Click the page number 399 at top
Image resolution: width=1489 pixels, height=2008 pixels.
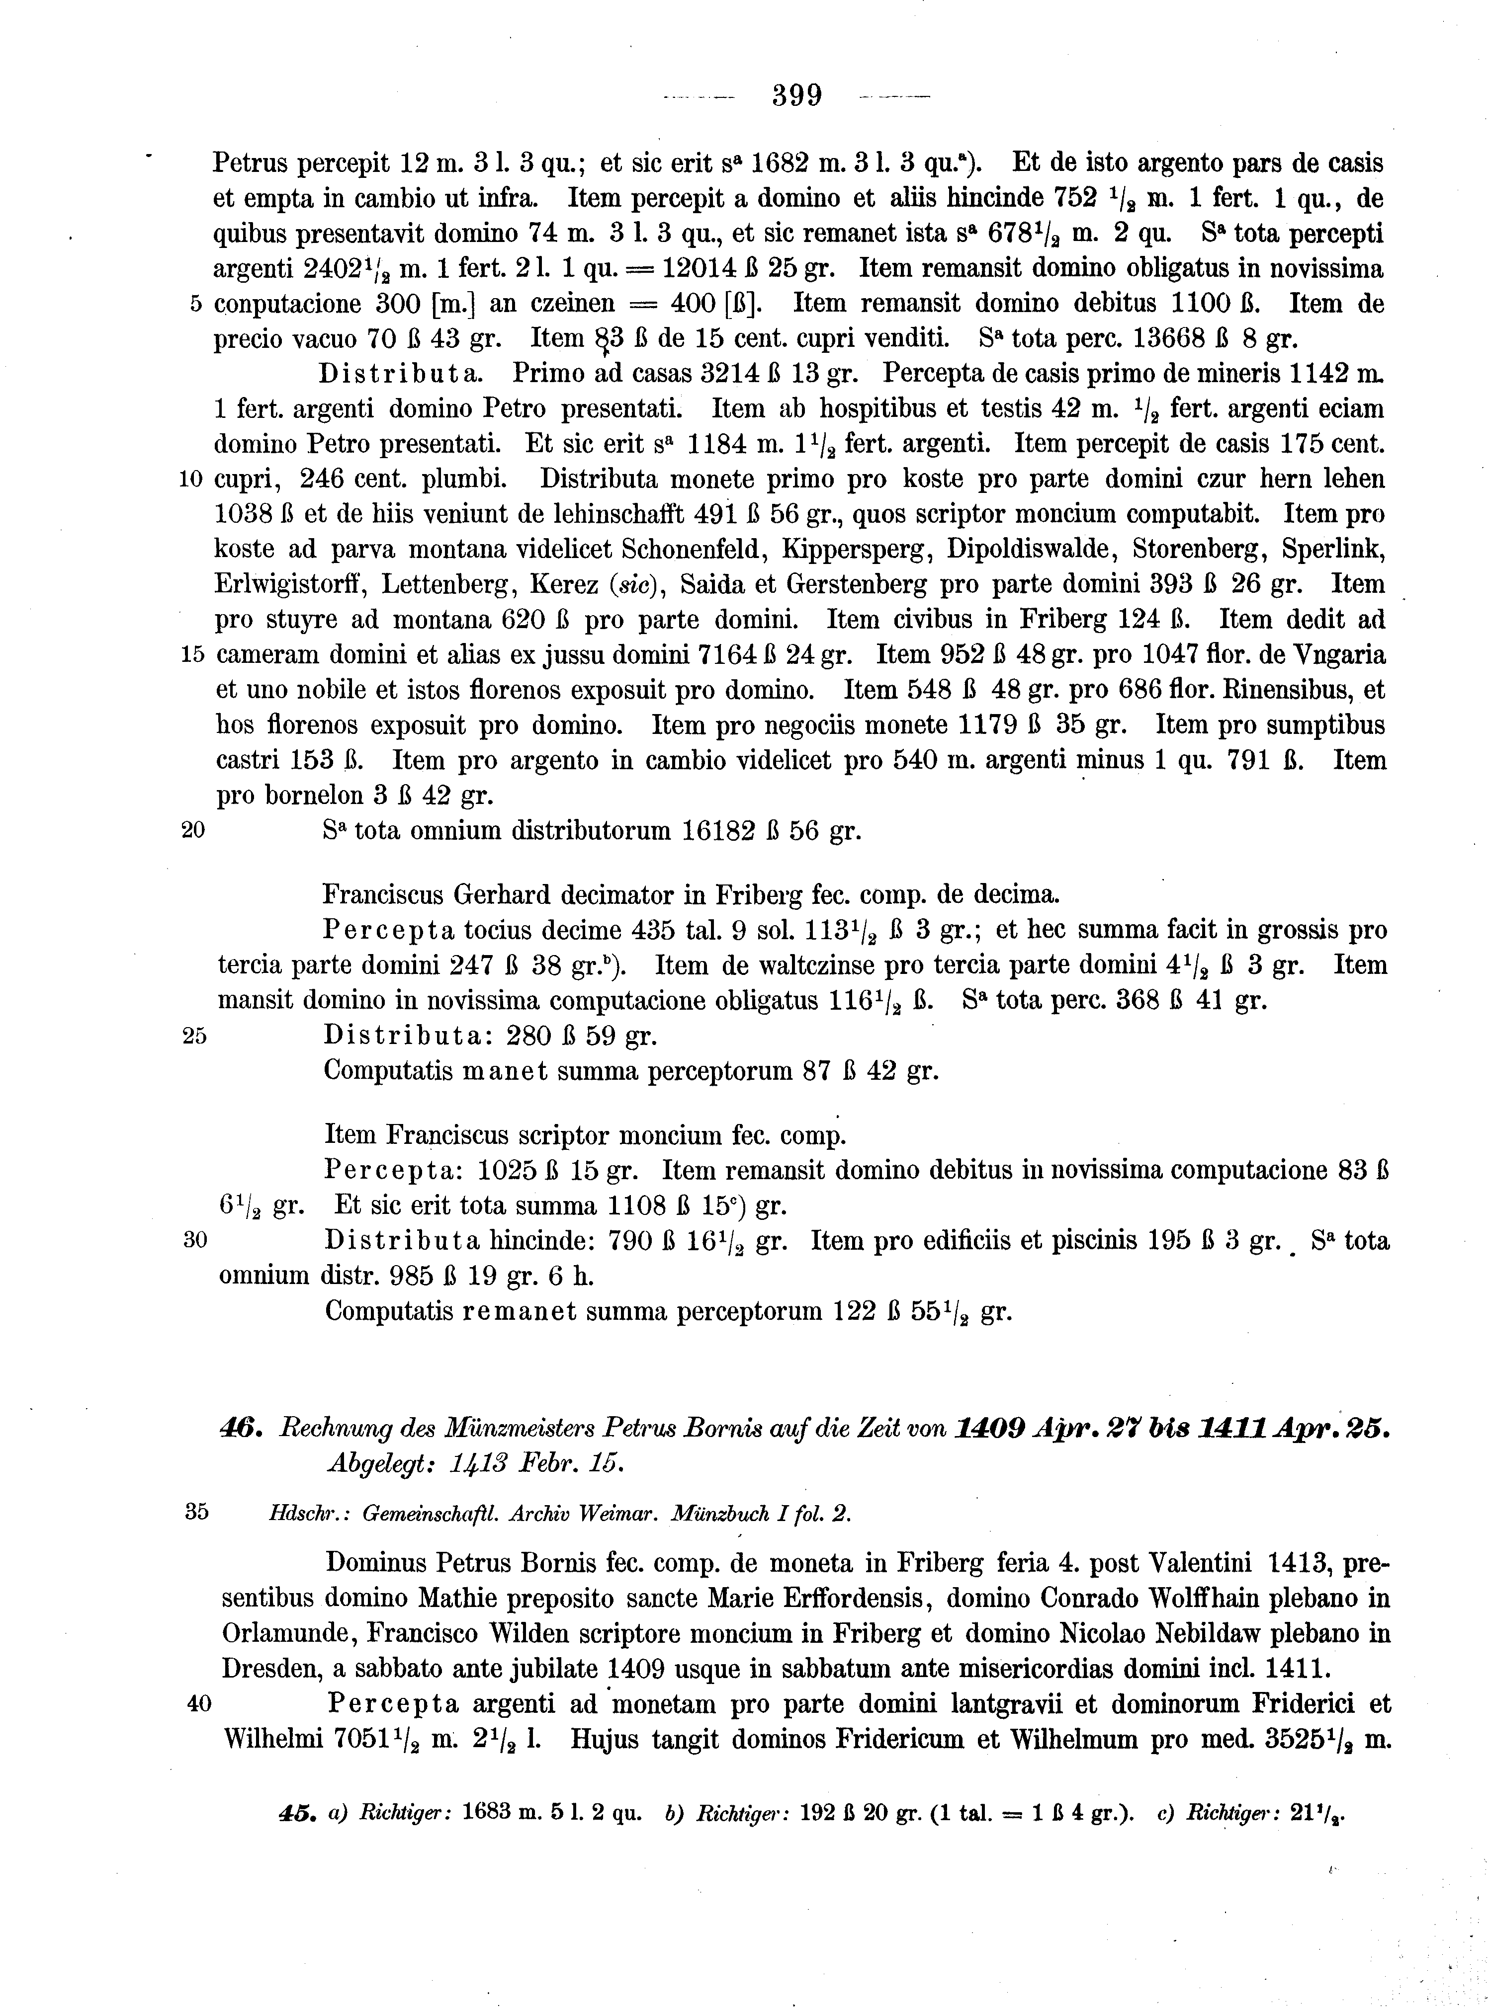coord(797,94)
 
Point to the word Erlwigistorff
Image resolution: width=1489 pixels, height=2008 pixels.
coord(287,585)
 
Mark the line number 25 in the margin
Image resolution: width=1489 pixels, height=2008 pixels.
coord(195,1036)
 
